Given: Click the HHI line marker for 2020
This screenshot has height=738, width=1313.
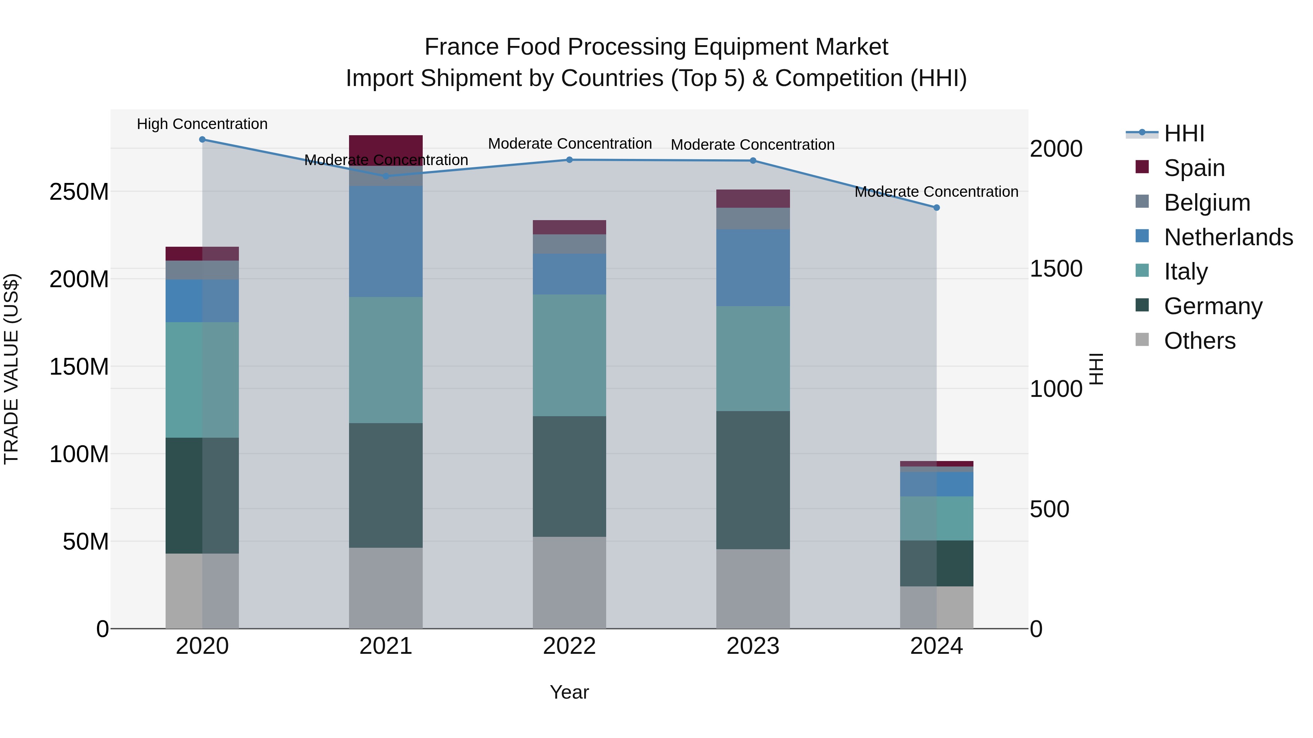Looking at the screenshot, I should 202,140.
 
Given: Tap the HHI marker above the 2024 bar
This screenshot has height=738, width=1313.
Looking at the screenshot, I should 936,208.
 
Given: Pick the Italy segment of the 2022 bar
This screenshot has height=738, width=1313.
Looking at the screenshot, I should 569,355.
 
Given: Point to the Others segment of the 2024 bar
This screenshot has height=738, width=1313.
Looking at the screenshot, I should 936,607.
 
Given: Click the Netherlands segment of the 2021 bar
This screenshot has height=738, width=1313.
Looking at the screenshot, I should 386,241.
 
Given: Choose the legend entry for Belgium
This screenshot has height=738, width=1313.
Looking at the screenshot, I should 1207,203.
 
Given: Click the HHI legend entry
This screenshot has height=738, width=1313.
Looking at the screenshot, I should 1184,133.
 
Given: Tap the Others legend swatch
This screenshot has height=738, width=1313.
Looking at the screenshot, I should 1142,340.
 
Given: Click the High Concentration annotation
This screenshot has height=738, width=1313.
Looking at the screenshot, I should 202,124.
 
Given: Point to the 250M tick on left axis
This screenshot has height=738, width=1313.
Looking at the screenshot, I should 79,192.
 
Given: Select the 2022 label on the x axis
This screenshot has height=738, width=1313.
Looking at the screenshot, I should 569,646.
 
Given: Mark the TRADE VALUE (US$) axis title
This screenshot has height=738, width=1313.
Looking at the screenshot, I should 11,369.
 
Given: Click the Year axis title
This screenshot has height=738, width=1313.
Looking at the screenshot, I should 569,692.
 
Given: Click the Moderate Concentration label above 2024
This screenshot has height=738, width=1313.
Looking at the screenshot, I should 936,192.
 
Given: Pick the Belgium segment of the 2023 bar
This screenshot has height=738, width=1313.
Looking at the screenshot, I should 753,219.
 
